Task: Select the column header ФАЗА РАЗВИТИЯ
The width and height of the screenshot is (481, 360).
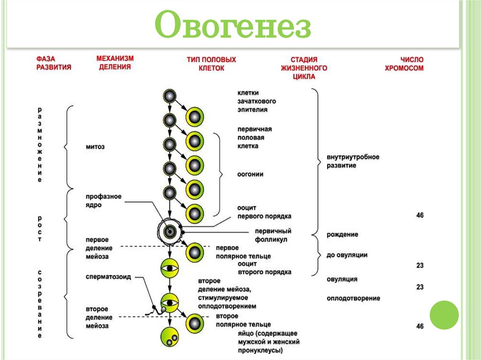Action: pos(54,63)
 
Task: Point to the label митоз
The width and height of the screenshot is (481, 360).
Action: pos(95,147)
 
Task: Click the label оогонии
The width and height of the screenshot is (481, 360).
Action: pos(250,174)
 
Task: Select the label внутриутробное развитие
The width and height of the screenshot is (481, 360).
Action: pos(353,161)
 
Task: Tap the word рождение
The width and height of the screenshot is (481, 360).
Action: pos(342,234)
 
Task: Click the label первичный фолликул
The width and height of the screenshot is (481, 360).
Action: pos(273,235)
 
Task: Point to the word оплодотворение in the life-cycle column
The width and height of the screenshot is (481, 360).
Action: pos(353,298)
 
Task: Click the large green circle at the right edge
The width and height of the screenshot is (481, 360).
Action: pos(444,314)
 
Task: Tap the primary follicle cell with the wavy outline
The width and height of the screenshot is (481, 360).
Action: pos(169,230)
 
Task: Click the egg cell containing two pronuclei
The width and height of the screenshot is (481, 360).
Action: pos(169,336)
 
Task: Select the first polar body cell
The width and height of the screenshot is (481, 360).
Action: pos(194,253)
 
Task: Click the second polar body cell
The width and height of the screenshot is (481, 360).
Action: pos(194,323)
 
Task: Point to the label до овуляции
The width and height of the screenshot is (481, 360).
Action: pos(347,255)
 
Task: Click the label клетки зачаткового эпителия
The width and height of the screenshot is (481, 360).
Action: pos(256,101)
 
